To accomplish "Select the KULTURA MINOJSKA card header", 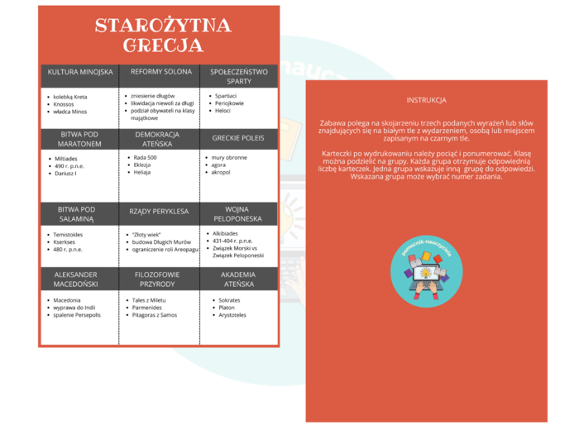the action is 80,72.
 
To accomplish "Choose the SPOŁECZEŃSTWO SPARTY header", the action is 239,76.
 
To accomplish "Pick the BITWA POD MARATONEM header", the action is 80,138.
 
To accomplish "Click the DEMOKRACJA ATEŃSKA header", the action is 157,138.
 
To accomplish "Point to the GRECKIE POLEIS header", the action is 239,138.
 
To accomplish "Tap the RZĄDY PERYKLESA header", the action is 157,212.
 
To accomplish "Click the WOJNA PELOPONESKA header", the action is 239,214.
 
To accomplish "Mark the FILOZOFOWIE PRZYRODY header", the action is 157,279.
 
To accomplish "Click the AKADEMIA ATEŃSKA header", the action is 239,279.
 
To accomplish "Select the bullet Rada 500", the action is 146,157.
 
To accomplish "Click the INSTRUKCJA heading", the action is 427,99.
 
